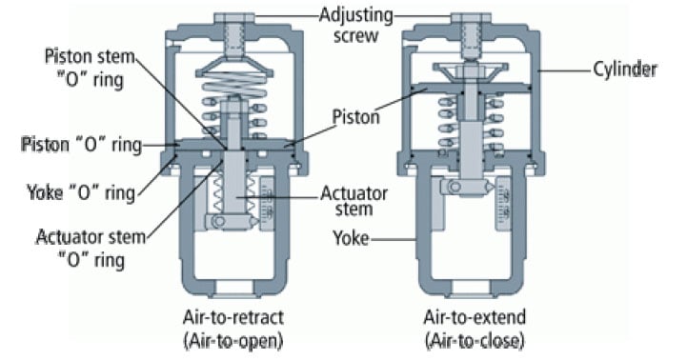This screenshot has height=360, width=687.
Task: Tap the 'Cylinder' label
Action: (623, 70)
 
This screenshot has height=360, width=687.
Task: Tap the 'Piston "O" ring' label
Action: (80, 145)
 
